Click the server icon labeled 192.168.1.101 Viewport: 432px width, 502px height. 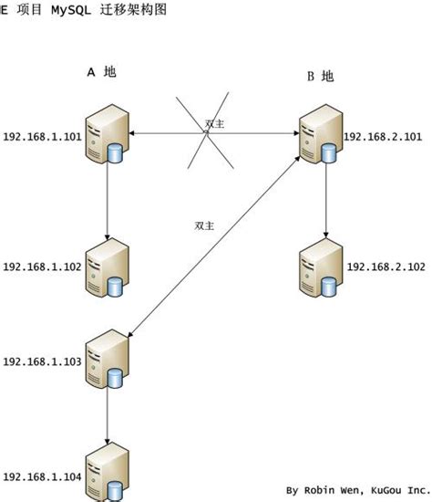pos(107,136)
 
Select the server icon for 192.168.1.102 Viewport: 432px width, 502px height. pos(107,267)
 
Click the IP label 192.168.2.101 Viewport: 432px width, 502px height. pos(383,137)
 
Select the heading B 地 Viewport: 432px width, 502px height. pos(320,77)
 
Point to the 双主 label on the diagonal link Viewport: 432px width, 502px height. pos(204,225)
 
